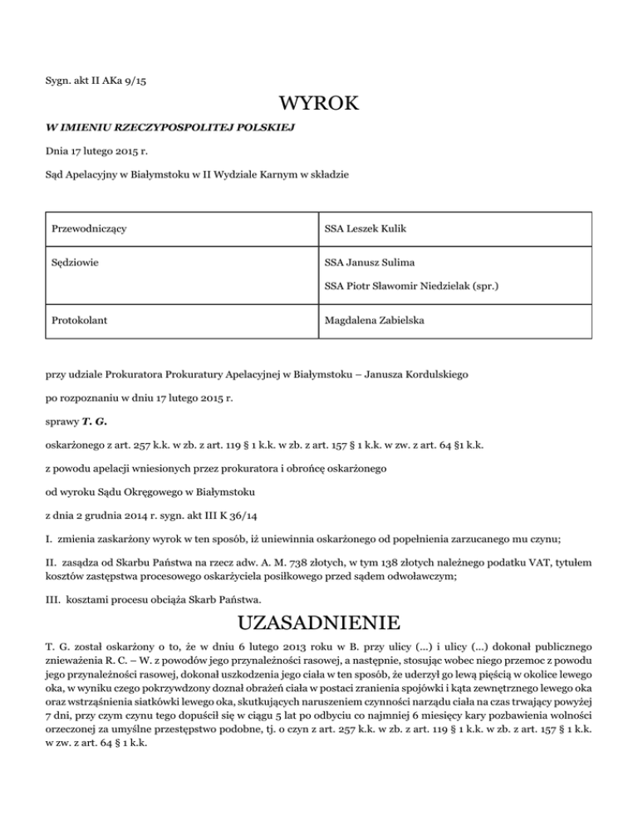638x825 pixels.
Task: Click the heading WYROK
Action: tap(319, 104)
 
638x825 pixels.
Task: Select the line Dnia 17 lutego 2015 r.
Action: tap(96, 151)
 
